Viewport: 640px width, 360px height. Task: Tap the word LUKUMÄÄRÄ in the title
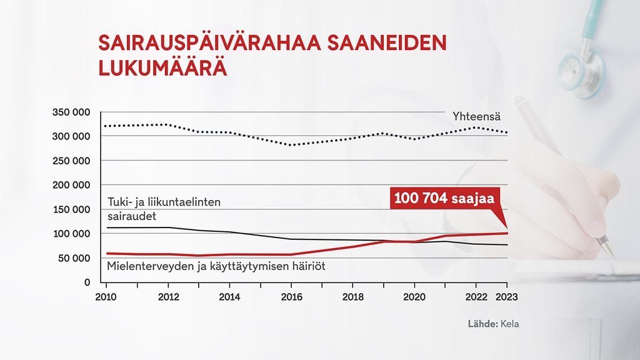(162, 67)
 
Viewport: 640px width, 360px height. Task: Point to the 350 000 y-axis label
(71, 112)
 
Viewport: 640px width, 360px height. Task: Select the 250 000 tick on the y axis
(71, 161)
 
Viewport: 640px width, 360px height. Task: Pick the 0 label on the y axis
(87, 282)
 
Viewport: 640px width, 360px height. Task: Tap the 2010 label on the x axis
(107, 297)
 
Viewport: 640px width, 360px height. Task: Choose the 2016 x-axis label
(291, 297)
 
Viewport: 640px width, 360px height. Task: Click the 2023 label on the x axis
(507, 297)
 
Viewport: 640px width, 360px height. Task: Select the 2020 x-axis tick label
(414, 297)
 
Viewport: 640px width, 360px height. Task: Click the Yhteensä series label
(477, 117)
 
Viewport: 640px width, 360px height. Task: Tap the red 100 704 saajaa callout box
(443, 198)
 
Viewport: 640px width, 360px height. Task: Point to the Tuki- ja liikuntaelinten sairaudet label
(164, 209)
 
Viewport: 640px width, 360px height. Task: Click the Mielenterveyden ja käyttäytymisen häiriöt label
(216, 266)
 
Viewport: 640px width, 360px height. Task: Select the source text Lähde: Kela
(493, 324)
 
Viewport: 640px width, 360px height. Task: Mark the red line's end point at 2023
(507, 233)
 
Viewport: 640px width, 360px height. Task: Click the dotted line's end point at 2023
(507, 132)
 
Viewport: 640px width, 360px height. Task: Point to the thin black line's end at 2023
(507, 245)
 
